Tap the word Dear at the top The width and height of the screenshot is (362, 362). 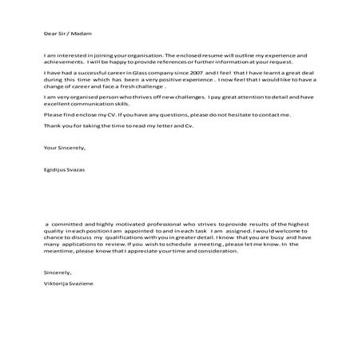click(50, 34)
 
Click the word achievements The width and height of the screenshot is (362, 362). click(63, 62)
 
